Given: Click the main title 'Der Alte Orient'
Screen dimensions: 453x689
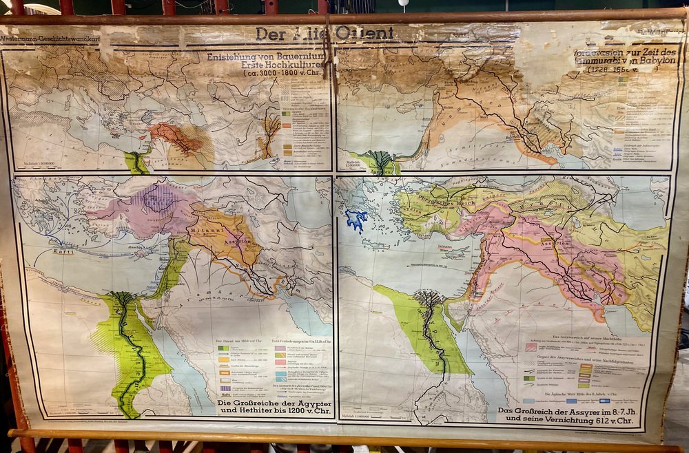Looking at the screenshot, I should (x=325, y=34).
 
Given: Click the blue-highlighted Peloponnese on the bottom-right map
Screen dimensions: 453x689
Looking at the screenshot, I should (x=356, y=220).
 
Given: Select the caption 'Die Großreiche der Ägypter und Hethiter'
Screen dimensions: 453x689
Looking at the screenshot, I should (x=274, y=407).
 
